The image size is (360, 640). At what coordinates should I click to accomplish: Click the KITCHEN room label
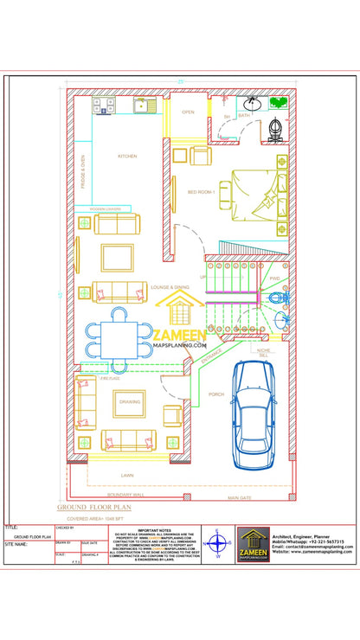pyautogui.click(x=127, y=156)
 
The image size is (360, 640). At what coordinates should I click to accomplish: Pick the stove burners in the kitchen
pyautogui.click(x=104, y=106)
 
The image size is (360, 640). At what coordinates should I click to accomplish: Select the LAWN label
pyautogui.click(x=127, y=476)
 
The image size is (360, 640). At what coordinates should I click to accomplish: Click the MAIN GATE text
pyautogui.click(x=240, y=498)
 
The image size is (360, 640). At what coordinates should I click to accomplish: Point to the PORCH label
pyautogui.click(x=216, y=394)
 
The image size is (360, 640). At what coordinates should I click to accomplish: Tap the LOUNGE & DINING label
pyautogui.click(x=170, y=286)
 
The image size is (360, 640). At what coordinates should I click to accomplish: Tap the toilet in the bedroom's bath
pyautogui.click(x=278, y=129)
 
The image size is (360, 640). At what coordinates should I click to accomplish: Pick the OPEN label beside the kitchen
pyautogui.click(x=188, y=112)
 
